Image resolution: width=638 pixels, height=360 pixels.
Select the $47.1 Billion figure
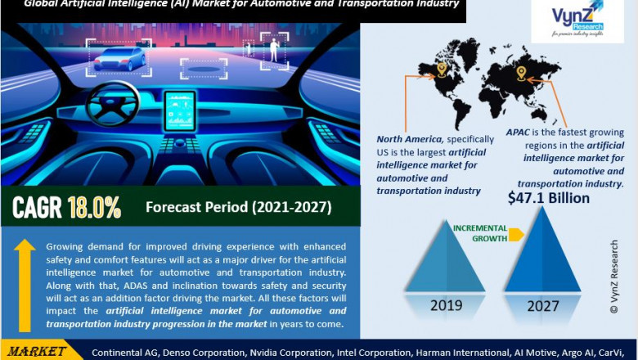[x=548, y=198]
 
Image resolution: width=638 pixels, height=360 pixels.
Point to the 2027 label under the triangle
[x=543, y=306]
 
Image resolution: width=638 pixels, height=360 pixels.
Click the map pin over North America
[x=442, y=70]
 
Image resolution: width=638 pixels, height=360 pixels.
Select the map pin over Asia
[x=520, y=74]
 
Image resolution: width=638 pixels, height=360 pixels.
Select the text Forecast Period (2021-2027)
[x=238, y=208]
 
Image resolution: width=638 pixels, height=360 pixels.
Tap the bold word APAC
[x=520, y=132]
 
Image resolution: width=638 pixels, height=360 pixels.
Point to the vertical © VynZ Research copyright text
[x=614, y=277]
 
